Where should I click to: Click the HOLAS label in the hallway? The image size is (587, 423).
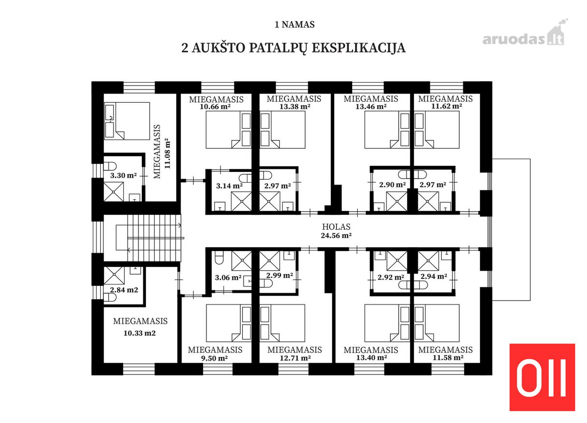[336, 227]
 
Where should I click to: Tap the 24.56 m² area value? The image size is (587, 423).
[336, 235]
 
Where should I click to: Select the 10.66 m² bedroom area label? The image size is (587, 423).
[215, 107]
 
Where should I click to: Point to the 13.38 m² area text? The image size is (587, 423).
[295, 106]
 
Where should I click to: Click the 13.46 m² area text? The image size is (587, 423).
[371, 106]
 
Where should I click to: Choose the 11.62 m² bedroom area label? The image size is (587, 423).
[447, 106]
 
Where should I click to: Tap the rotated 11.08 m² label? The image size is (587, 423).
[167, 153]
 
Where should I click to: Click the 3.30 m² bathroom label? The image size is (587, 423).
[123, 175]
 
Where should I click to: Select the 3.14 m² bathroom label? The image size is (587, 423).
[229, 186]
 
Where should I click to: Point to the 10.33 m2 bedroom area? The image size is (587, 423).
[140, 333]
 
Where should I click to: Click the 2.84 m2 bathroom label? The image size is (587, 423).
[124, 290]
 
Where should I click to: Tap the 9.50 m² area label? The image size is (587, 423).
[214, 358]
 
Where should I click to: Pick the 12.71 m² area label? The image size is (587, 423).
[295, 358]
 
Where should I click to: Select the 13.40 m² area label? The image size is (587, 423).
[372, 357]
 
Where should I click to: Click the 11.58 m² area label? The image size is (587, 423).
[448, 357]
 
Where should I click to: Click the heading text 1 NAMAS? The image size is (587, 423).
[294, 24]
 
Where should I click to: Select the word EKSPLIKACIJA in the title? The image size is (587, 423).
[359, 48]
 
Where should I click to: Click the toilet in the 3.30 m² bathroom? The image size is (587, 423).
[110, 166]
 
